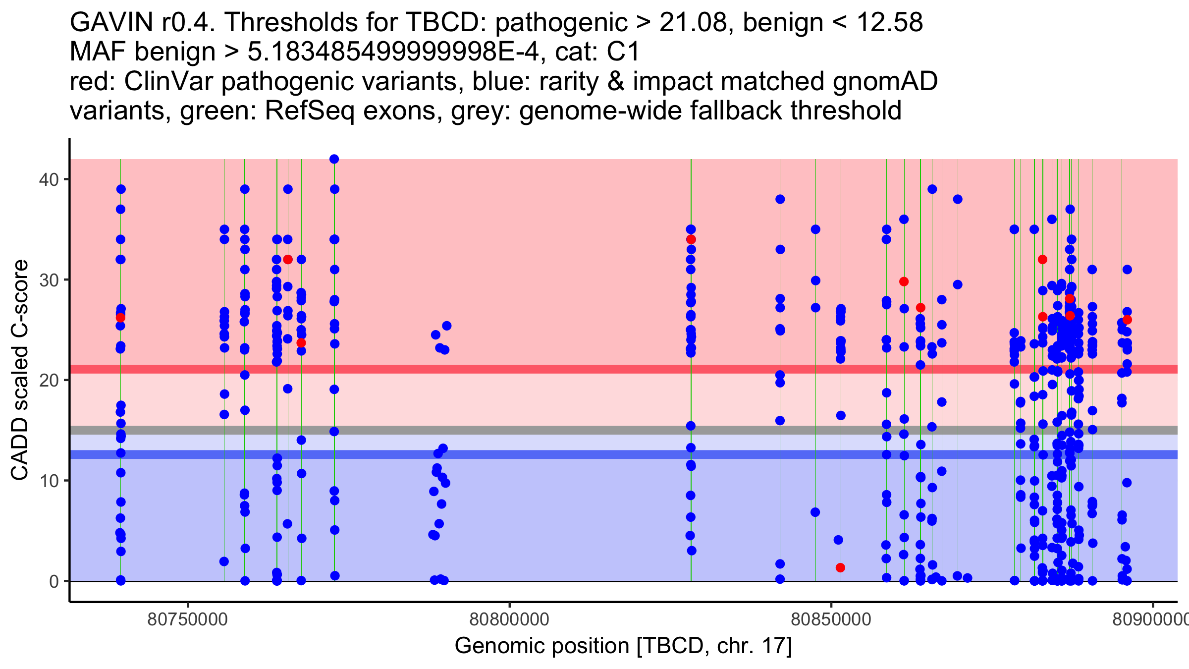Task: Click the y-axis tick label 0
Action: coord(54,581)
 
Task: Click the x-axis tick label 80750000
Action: coord(188,620)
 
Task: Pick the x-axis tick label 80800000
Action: coord(509,620)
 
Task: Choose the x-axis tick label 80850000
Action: coord(831,620)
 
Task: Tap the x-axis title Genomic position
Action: coord(623,646)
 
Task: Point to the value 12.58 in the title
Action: coord(889,23)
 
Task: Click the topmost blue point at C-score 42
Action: coord(334,159)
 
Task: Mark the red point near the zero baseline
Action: coord(840,568)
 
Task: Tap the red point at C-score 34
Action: coord(691,240)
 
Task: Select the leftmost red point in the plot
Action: coord(120,318)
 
